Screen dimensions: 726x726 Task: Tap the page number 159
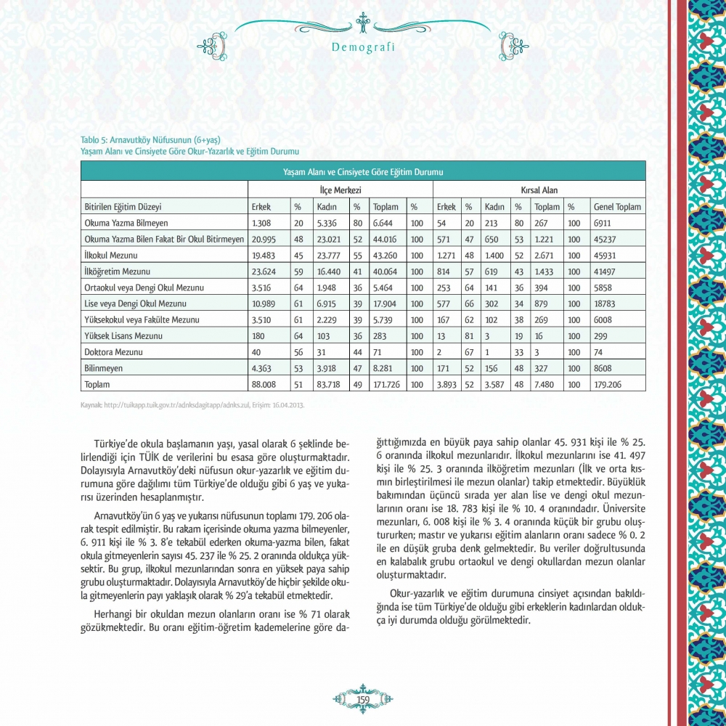click(x=363, y=698)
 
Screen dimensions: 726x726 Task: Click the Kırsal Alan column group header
click(x=539, y=189)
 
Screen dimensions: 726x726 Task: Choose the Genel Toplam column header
click(x=617, y=207)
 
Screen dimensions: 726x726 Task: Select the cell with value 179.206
click(x=611, y=384)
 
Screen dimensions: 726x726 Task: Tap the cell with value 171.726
click(x=388, y=384)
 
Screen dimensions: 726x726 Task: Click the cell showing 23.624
click(x=266, y=272)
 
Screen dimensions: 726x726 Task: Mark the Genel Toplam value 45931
click(x=606, y=256)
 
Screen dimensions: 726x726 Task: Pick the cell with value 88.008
click(x=266, y=384)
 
